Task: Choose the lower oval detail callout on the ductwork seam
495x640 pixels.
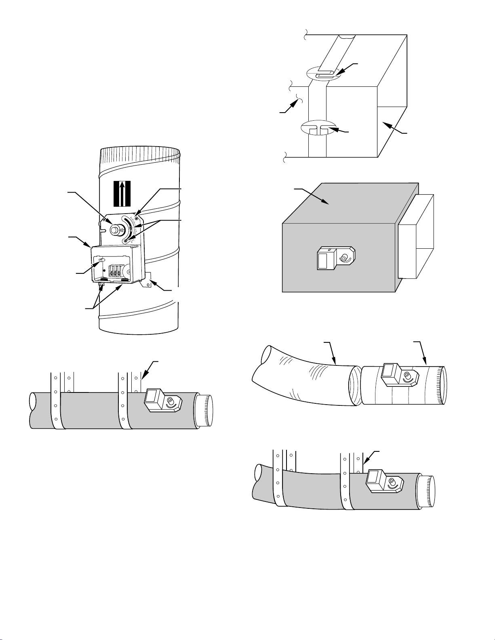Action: click(318, 128)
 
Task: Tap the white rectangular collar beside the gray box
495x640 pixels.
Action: click(416, 236)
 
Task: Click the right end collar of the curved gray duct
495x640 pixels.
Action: click(427, 491)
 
